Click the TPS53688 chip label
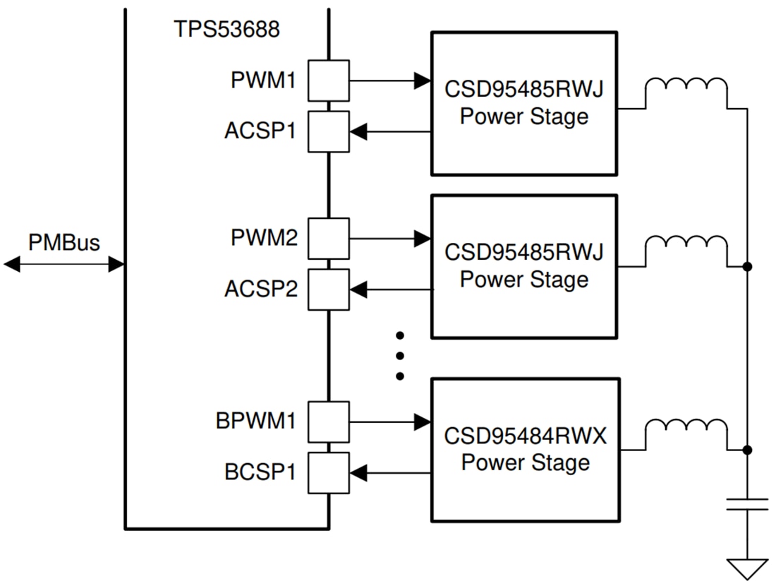point(226,30)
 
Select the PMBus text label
point(64,242)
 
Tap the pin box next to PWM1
point(328,80)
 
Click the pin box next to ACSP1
point(328,131)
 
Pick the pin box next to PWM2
point(328,239)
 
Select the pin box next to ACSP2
point(328,289)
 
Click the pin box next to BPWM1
point(328,422)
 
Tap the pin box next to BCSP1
point(328,473)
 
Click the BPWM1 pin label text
point(256,421)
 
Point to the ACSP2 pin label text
point(261,289)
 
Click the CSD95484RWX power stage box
point(526,450)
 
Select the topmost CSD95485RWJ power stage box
point(524,103)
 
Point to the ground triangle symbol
point(748,568)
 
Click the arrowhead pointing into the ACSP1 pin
point(358,131)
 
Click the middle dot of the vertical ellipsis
point(399,355)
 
